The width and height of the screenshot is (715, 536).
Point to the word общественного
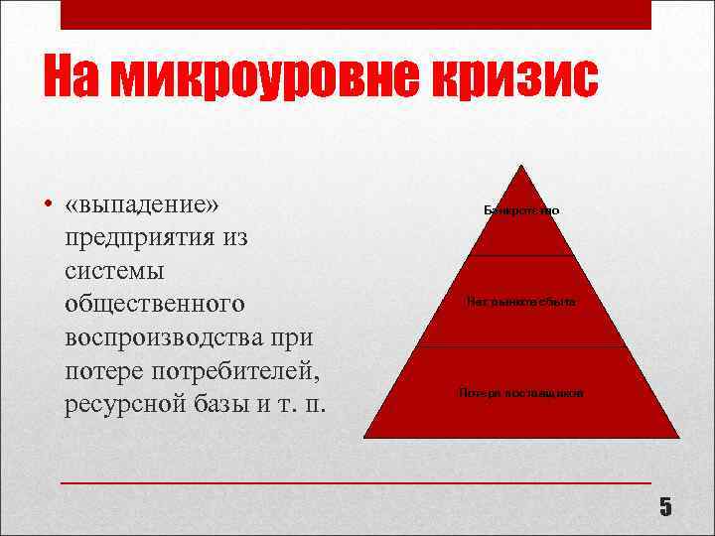tap(155, 305)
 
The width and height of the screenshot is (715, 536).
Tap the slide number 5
tap(665, 507)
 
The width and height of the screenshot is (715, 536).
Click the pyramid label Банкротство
tap(521, 211)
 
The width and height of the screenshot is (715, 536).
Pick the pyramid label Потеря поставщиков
tap(521, 393)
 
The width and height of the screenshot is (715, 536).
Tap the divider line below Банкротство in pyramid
tap(521, 255)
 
